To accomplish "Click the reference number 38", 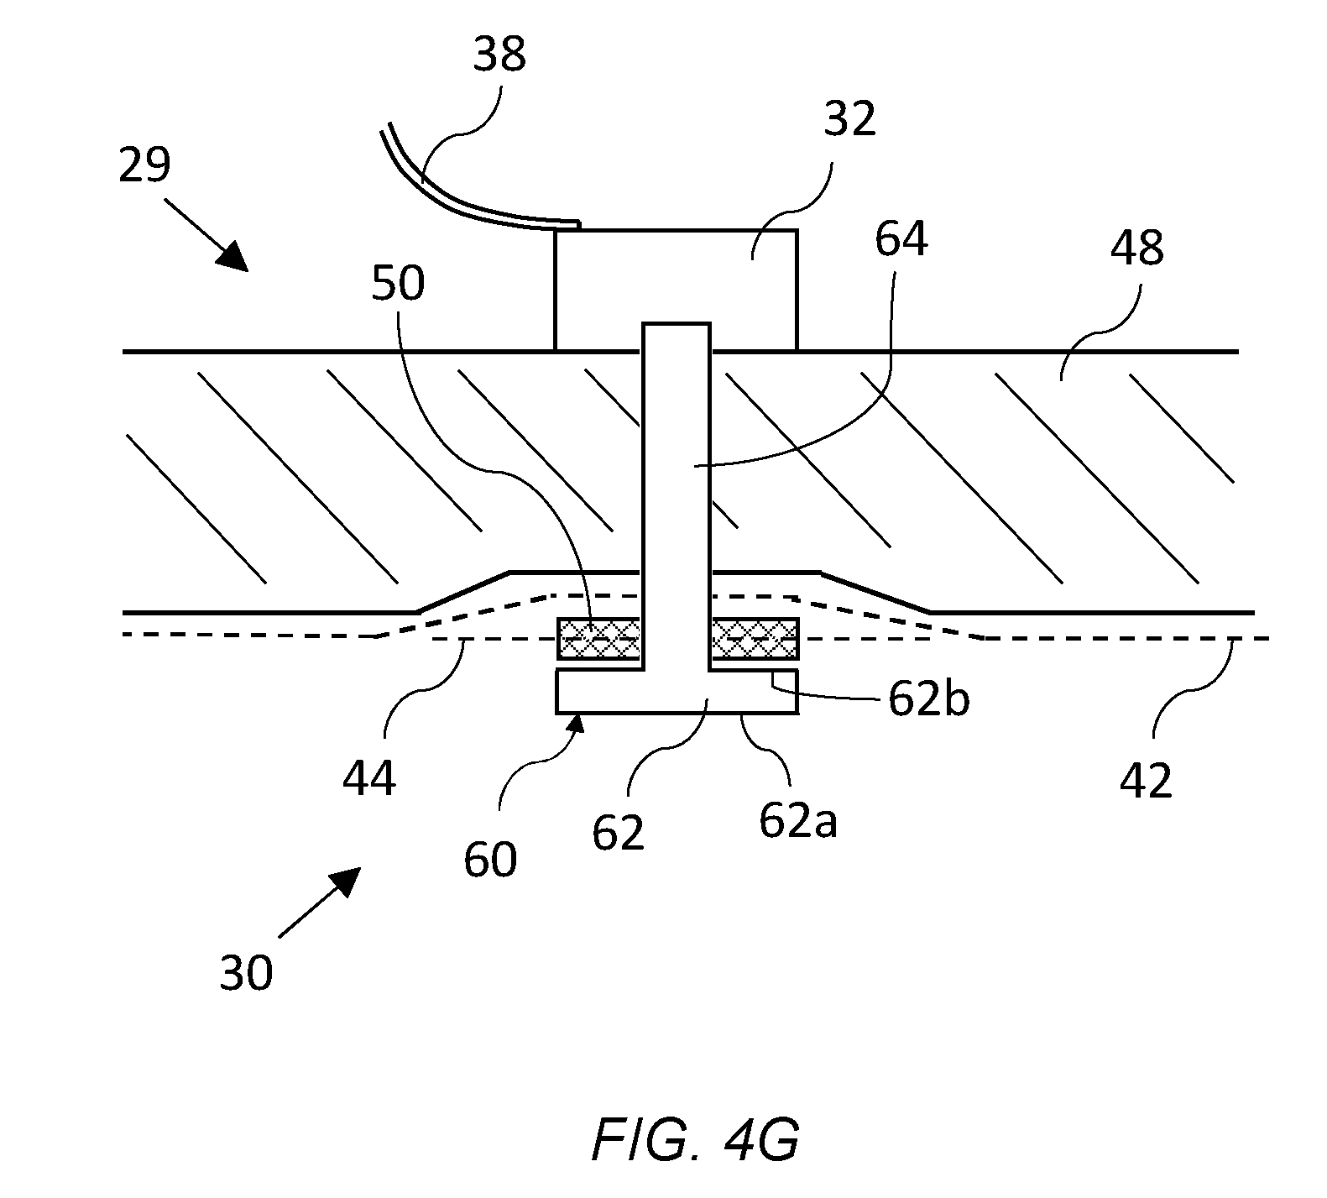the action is (x=499, y=55).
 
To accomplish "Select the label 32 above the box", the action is (x=850, y=120).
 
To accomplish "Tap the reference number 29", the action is (x=144, y=165).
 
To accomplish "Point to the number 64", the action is (x=901, y=240).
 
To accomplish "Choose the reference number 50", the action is (x=398, y=284).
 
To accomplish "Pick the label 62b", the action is (x=929, y=699).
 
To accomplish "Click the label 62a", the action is (x=798, y=821).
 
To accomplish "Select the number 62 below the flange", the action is (x=618, y=834).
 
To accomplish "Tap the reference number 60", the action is (x=490, y=861).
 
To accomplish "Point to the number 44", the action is (x=369, y=780).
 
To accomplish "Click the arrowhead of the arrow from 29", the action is (x=232, y=256).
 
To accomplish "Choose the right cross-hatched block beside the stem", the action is (x=755, y=639).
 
